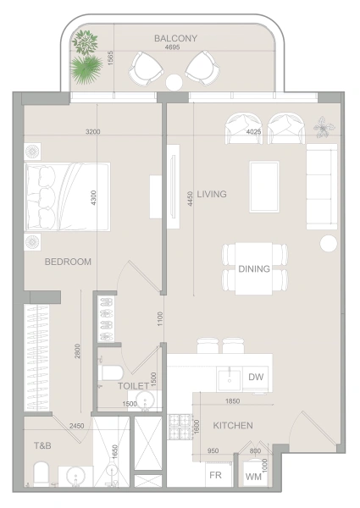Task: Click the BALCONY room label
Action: click(175, 38)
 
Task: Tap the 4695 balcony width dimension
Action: click(173, 47)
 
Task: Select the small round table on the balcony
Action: click(174, 82)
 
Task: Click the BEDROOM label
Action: click(68, 262)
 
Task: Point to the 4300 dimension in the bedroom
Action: click(93, 198)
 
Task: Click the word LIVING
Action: click(212, 194)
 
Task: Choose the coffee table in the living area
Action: click(264, 187)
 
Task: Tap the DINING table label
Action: click(254, 268)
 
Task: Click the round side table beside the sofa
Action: click(329, 244)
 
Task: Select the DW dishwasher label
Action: click(256, 377)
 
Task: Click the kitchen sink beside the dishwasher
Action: click(230, 379)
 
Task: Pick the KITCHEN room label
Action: click(233, 425)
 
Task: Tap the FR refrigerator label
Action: click(215, 475)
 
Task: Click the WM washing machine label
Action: click(253, 477)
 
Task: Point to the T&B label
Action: click(42, 446)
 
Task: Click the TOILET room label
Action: click(134, 386)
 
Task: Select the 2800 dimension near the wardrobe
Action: click(77, 351)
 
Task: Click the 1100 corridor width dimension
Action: click(160, 319)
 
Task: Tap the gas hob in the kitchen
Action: click(180, 427)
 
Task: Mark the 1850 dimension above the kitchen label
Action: click(233, 401)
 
